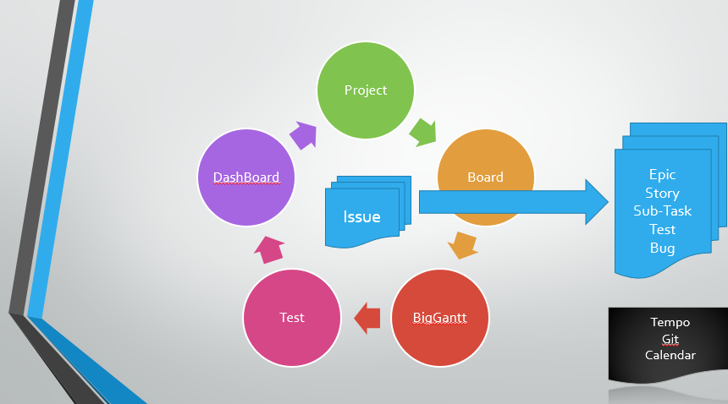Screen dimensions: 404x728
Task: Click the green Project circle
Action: (365, 90)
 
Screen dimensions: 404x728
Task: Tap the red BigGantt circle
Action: (440, 318)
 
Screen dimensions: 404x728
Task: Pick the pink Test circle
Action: (292, 318)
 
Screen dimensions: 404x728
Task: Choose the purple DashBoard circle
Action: (245, 177)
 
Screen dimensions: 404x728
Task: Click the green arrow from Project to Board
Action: (422, 131)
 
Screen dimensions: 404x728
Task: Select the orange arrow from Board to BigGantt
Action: (462, 245)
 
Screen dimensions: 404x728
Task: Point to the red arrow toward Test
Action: (367, 318)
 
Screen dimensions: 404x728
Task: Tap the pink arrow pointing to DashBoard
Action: (270, 248)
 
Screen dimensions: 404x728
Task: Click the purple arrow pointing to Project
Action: (303, 134)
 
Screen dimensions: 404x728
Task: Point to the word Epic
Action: (663, 175)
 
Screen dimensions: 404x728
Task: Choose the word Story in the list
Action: (663, 194)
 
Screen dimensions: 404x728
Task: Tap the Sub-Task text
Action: (663, 211)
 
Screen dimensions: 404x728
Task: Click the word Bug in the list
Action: (663, 248)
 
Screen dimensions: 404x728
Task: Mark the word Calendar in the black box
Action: (670, 355)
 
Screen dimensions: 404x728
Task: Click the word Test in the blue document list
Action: (663, 229)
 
